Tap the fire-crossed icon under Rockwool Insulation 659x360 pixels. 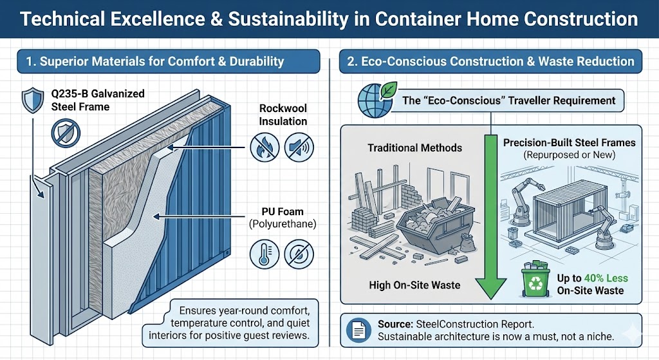tap(263, 147)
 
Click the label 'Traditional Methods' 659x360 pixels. tap(414, 147)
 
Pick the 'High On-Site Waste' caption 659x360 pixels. tap(414, 285)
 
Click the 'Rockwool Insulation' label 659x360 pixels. tap(283, 115)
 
